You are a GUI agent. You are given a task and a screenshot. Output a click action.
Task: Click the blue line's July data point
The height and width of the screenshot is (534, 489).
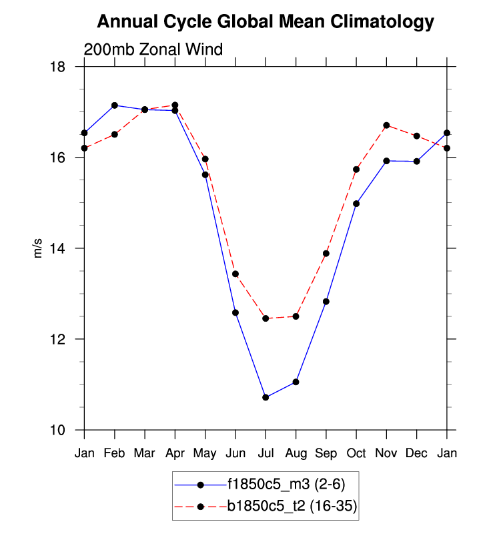[x=266, y=397]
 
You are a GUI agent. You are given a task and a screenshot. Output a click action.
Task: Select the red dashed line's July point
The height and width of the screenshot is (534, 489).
[x=266, y=318]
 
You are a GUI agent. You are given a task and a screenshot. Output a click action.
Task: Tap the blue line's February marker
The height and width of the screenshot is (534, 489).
[x=115, y=105]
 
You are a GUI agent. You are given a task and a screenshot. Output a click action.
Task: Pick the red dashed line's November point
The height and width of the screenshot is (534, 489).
[x=386, y=125]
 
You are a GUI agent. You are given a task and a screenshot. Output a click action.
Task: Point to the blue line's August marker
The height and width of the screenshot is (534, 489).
[x=296, y=382]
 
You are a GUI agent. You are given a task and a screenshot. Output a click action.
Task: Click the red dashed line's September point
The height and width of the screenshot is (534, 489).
[x=326, y=254]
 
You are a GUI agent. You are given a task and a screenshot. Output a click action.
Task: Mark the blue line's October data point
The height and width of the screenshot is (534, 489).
[x=356, y=204]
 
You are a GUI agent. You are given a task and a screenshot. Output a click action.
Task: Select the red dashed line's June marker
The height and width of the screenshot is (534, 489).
[x=235, y=274]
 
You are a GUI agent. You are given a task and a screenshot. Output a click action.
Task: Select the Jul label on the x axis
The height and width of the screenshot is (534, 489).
[x=266, y=454]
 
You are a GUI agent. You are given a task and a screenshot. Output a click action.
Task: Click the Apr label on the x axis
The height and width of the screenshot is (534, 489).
[x=175, y=454]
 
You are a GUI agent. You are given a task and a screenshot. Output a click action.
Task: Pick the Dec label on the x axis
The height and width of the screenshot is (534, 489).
[x=416, y=454]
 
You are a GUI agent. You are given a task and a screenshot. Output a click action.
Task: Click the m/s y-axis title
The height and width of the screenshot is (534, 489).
[x=38, y=248]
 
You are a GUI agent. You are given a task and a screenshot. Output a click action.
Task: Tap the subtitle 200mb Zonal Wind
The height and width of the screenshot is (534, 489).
[x=153, y=50]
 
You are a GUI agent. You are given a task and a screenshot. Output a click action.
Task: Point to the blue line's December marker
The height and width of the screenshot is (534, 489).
[x=416, y=161]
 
